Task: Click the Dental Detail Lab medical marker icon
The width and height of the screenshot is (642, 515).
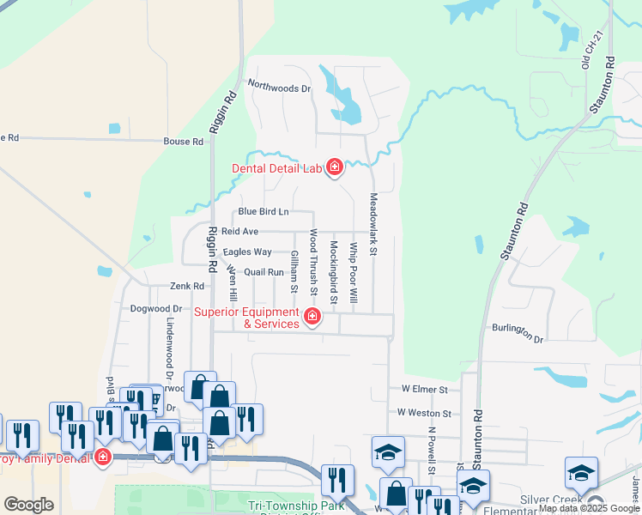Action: point(335,168)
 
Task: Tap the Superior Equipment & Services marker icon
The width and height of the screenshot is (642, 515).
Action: point(313,318)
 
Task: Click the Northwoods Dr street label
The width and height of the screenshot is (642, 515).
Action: point(279,85)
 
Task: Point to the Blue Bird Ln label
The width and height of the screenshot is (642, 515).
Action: point(263,211)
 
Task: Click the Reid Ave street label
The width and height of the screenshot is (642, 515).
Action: point(239,232)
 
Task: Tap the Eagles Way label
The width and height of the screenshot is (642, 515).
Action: point(247,251)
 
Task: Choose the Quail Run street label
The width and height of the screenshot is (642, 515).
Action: point(263,271)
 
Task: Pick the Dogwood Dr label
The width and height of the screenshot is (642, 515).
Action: point(156,308)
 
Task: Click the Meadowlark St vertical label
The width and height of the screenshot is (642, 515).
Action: point(373,224)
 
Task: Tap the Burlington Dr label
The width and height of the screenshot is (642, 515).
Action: point(518,333)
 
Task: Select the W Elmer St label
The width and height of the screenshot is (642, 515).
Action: point(425,389)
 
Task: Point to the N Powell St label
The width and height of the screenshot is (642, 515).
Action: point(433,451)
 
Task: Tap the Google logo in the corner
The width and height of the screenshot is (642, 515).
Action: point(28,505)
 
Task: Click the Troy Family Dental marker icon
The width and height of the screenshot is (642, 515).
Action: point(103,457)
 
